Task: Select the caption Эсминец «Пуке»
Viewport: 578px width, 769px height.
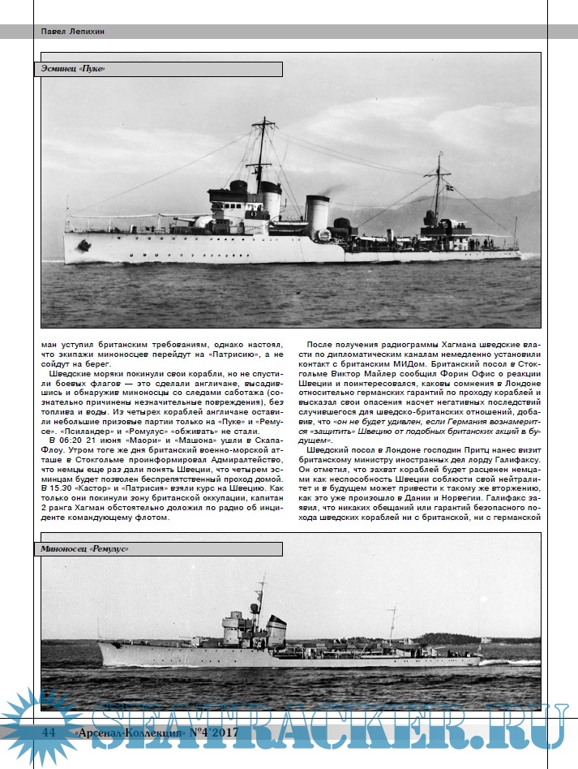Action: [74, 69]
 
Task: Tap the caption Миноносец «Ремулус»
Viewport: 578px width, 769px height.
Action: [85, 549]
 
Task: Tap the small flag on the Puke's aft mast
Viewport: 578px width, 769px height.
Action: [450, 187]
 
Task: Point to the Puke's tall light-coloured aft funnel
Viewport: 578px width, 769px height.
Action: [317, 215]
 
